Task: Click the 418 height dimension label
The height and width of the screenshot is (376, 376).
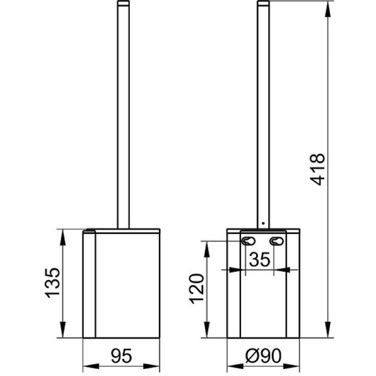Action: [318, 170]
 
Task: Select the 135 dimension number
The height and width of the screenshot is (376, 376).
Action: [53, 283]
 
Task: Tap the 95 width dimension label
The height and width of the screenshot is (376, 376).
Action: [121, 356]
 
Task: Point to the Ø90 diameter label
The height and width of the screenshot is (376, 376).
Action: [263, 356]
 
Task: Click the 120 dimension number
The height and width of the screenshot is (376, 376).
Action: [197, 288]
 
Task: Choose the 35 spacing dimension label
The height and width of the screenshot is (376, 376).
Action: [260, 259]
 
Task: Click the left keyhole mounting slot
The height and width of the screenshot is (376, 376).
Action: [248, 241]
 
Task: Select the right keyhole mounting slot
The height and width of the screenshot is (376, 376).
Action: [277, 241]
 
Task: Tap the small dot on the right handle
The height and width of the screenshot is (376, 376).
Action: [263, 224]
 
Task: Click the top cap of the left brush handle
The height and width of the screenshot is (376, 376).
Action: [123, 3]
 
